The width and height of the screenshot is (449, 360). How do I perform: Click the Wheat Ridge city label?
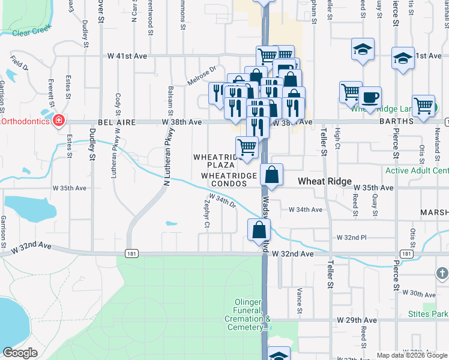[x=325, y=181]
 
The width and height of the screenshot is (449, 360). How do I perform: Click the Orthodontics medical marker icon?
[x=59, y=120]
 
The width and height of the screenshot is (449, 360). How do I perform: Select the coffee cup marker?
[x=370, y=97]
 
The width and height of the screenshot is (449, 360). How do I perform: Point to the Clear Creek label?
[x=29, y=34]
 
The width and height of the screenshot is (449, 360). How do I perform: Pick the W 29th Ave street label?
[x=358, y=320]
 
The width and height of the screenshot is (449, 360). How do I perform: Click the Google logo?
[x=20, y=353]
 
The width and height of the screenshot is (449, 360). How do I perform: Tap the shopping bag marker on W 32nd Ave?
[x=258, y=229]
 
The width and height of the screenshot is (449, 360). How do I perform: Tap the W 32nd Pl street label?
[x=352, y=238]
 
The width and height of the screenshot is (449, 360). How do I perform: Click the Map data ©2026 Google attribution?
[x=412, y=355]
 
